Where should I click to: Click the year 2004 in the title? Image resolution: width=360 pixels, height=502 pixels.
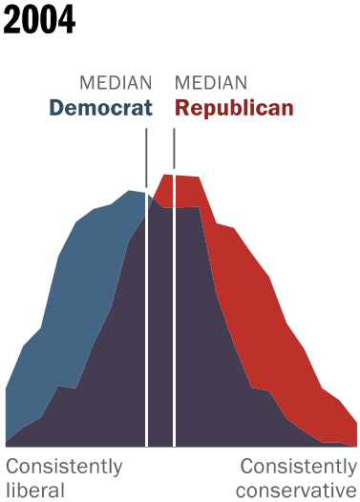pos(39,20)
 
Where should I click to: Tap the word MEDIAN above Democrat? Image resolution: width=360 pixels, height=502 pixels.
pos(116,83)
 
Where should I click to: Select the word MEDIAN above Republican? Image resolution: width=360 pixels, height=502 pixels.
pos(211,83)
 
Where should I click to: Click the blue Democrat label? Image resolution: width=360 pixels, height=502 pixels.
pos(100,108)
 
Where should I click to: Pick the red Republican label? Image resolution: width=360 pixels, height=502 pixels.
pos(234,108)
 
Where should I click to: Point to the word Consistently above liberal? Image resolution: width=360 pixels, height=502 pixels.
pos(64,467)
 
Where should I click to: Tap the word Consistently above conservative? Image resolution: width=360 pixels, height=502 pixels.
pos(297,467)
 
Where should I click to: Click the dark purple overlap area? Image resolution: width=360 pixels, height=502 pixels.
pos(162,334)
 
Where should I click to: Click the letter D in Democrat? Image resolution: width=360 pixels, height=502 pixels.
pos(56,108)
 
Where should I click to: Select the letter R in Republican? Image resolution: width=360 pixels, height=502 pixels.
pos(182,108)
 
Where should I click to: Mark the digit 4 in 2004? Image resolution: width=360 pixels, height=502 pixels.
pos(66,20)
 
